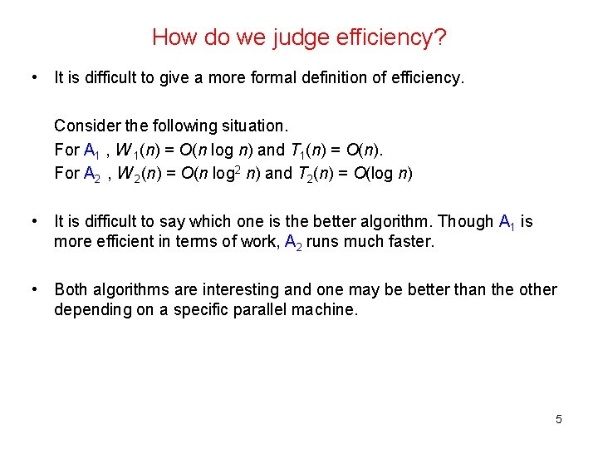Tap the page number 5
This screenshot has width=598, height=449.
[559, 419]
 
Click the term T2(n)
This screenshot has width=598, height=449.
[320, 174]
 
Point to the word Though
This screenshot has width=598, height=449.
[466, 221]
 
